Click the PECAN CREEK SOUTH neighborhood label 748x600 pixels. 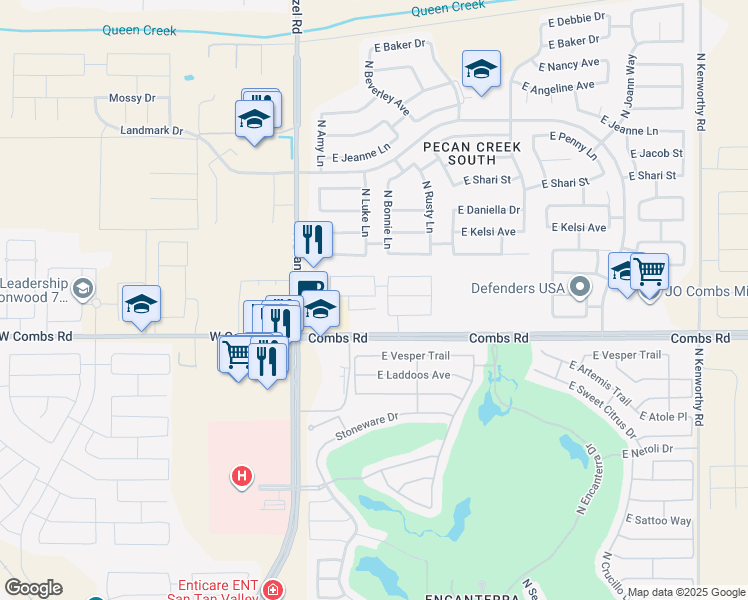pyautogui.click(x=472, y=153)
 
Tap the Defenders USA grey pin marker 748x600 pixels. pyautogui.click(x=580, y=288)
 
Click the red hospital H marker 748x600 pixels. pyautogui.click(x=241, y=476)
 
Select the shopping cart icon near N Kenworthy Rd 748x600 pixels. pyautogui.click(x=650, y=270)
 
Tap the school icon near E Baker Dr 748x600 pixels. pyautogui.click(x=481, y=70)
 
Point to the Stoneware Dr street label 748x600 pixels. pyautogui.click(x=367, y=425)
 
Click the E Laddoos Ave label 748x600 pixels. pyautogui.click(x=414, y=375)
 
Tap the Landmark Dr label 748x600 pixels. pyautogui.click(x=151, y=130)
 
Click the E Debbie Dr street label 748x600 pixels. pyautogui.click(x=576, y=18)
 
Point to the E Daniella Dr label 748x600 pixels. pyautogui.click(x=489, y=210)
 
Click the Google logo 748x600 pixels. pyautogui.click(x=33, y=588)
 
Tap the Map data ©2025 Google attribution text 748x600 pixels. pyautogui.click(x=686, y=592)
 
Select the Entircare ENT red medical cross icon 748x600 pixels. pyautogui.click(x=273, y=591)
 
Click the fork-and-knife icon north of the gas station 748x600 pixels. pyautogui.click(x=313, y=239)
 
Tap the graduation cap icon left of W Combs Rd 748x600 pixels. pyautogui.click(x=141, y=303)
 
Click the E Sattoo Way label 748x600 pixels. pyautogui.click(x=658, y=520)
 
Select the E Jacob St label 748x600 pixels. pyautogui.click(x=658, y=153)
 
